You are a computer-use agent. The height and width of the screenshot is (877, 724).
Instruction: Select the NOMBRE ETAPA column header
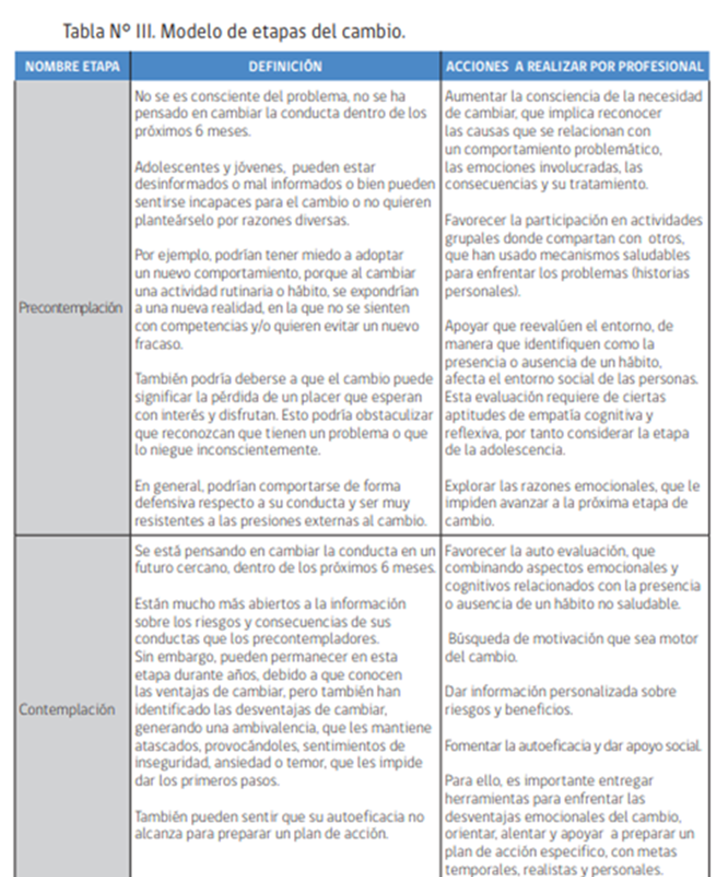click(72, 66)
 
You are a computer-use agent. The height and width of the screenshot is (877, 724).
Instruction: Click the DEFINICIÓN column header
click(285, 66)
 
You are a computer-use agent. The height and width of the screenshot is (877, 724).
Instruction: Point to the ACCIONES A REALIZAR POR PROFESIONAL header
click(574, 66)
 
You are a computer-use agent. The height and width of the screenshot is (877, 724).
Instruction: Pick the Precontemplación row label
click(72, 308)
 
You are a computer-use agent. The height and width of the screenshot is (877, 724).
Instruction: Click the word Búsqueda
click(479, 640)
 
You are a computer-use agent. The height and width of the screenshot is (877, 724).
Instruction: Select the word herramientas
click(484, 797)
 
